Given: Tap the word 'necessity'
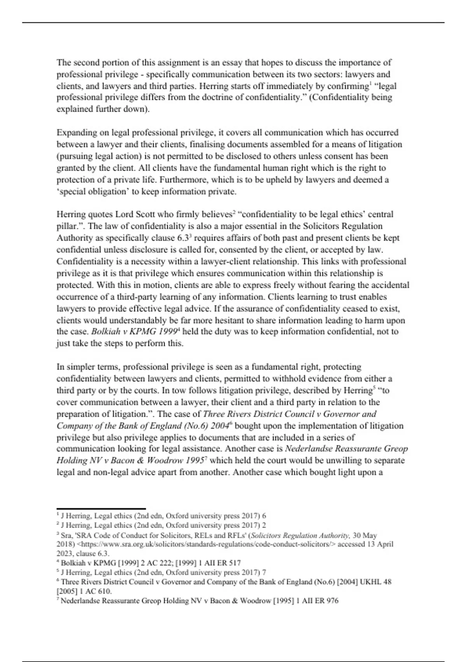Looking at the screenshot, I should point(128,262).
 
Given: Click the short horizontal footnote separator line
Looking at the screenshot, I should point(101,509).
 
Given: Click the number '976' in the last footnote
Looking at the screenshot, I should point(332,601).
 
